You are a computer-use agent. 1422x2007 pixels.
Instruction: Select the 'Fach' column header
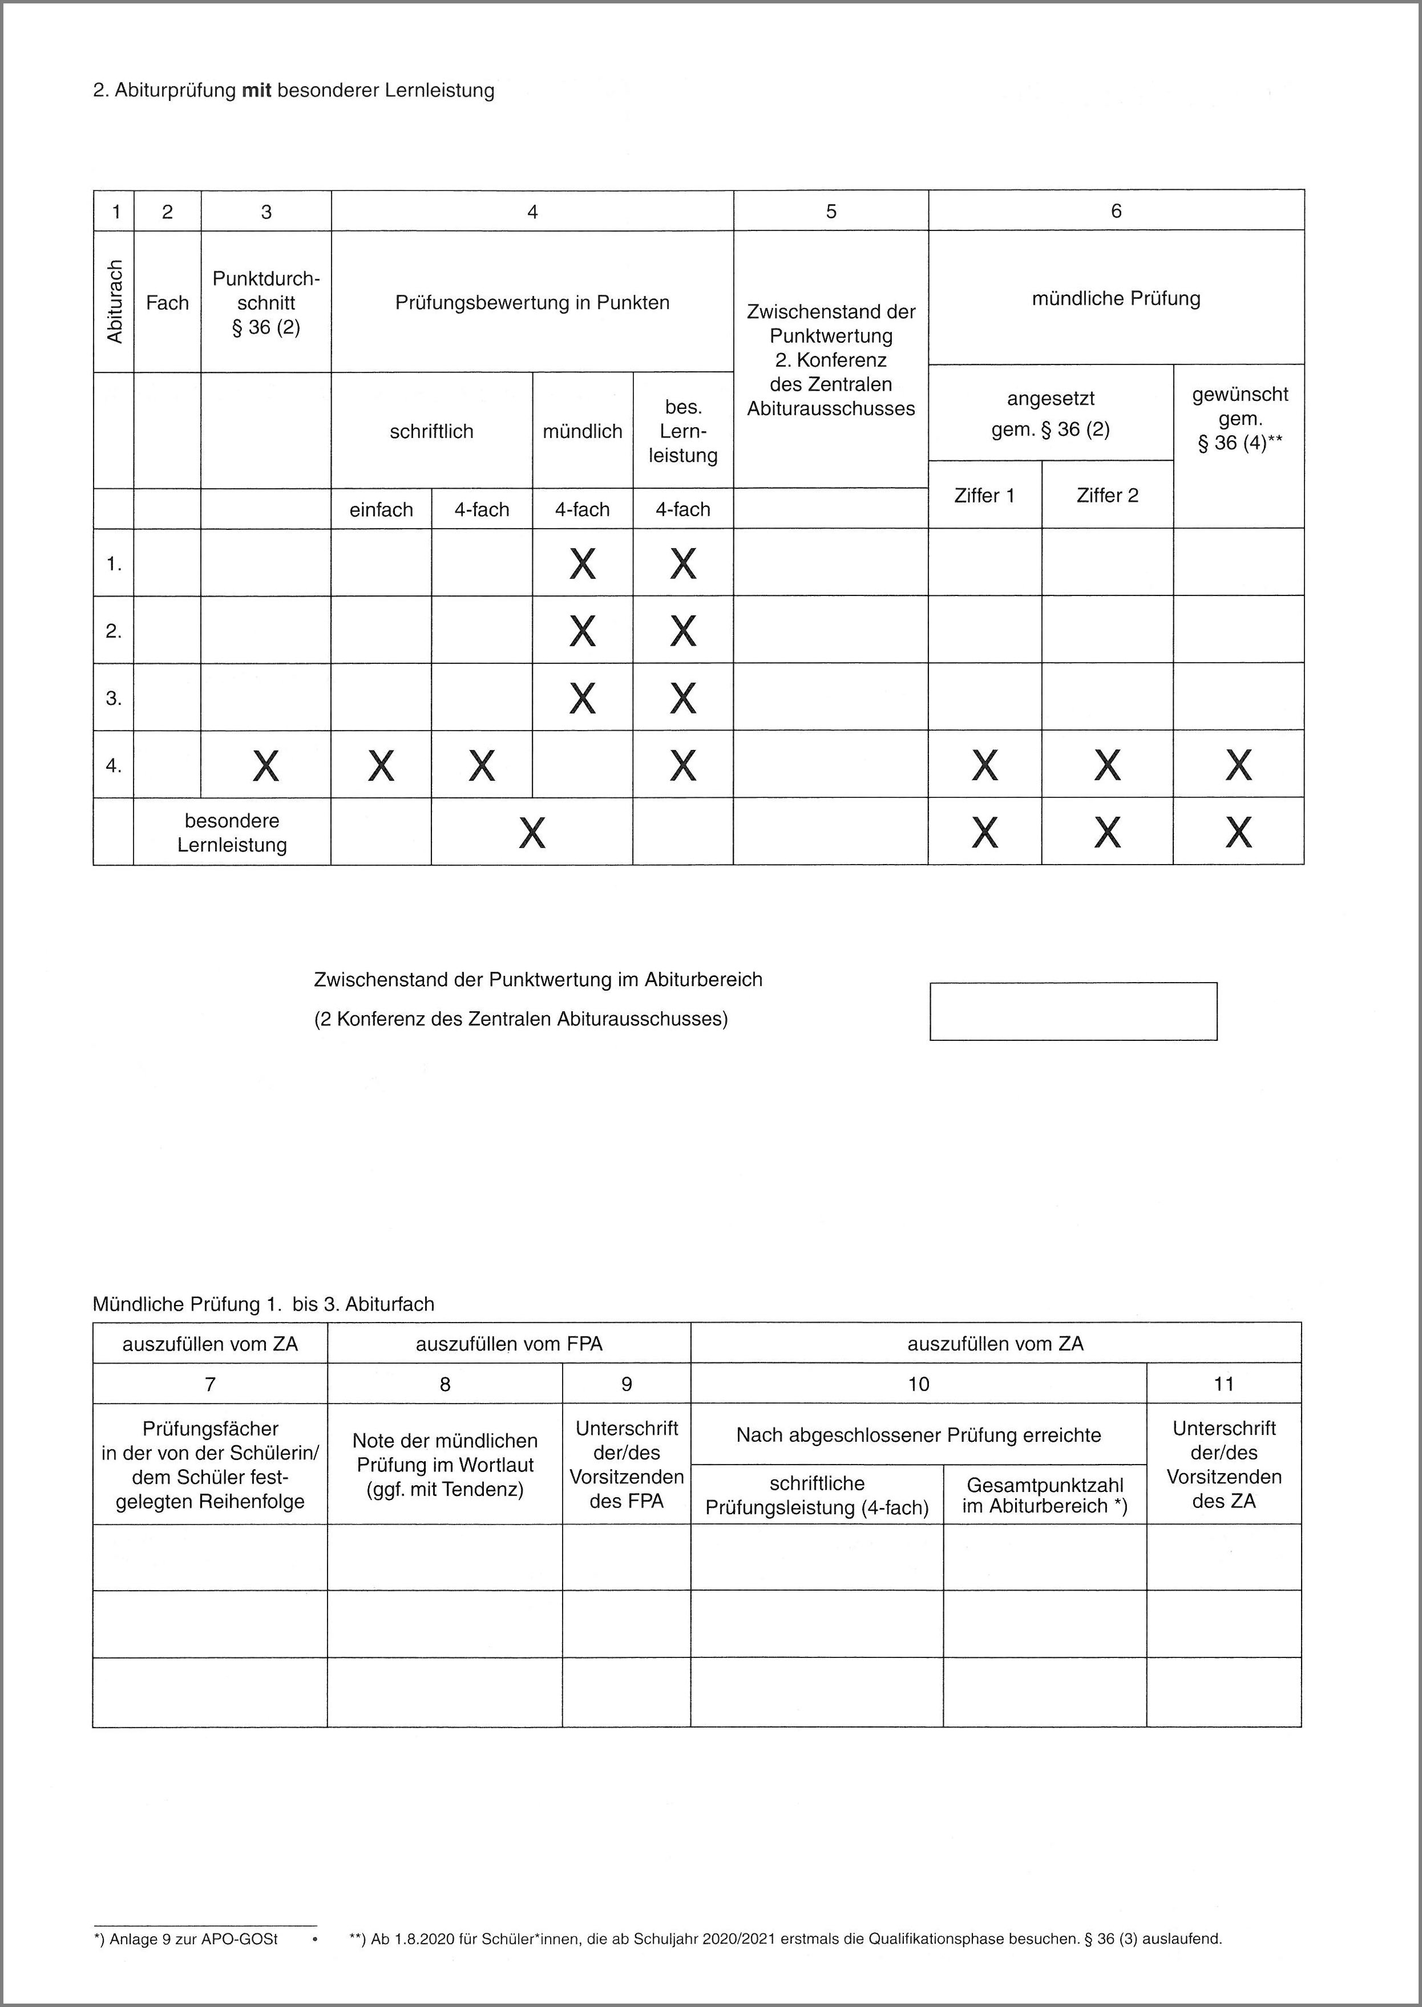[x=167, y=303]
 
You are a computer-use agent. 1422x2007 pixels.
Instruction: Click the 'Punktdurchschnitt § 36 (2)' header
[x=266, y=303]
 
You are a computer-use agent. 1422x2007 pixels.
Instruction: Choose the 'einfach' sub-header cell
[x=381, y=509]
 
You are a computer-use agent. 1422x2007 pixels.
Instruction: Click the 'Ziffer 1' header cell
[x=984, y=496]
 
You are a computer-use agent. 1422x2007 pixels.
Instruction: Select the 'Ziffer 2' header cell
[x=1107, y=496]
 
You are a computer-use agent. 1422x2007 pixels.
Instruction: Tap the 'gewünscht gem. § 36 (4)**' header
[x=1239, y=419]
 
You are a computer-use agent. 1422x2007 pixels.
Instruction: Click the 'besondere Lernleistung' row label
[x=232, y=832]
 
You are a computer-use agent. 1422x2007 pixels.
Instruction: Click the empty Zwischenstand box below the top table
[x=1073, y=1011]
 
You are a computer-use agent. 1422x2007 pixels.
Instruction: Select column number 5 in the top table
[x=830, y=211]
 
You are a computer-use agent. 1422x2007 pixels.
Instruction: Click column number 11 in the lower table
[x=1223, y=1384]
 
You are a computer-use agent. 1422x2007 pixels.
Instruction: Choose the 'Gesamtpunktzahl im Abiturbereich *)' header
[x=1045, y=1495]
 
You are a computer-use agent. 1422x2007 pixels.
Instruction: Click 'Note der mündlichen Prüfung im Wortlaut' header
[x=445, y=1465]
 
